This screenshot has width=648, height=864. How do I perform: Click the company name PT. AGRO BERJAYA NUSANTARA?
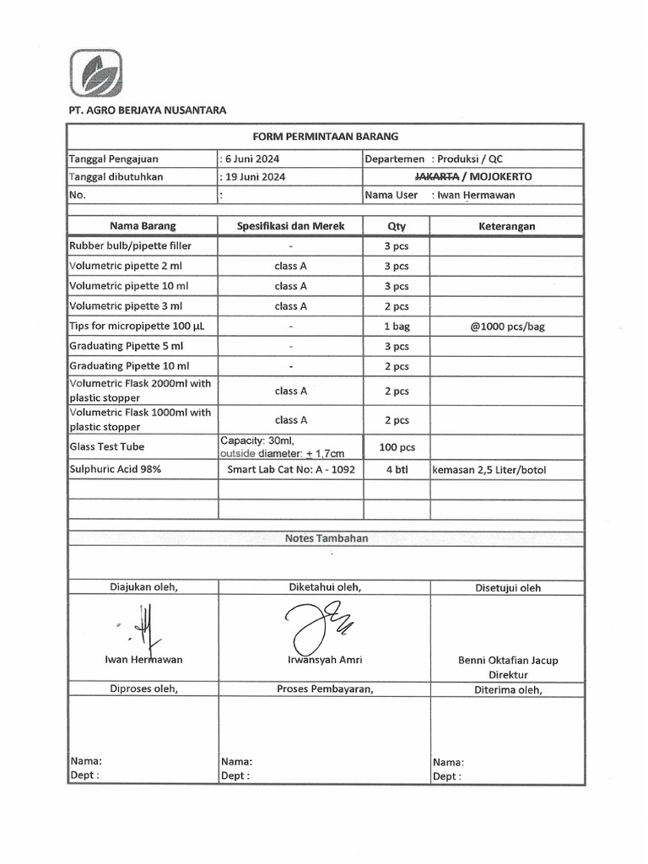147,111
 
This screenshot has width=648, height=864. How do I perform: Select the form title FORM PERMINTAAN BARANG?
325,136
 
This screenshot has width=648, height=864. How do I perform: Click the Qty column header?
397,226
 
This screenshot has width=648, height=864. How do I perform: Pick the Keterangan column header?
506,226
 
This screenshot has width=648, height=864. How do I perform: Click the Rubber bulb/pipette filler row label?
130,246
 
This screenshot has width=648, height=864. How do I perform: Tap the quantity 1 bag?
397,327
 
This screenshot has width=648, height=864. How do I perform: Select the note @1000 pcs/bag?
507,327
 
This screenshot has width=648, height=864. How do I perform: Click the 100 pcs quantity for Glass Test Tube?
397,447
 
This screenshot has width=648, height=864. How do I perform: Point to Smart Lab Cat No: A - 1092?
291,470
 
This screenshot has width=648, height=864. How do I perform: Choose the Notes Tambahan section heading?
326,538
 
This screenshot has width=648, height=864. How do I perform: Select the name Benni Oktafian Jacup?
507,661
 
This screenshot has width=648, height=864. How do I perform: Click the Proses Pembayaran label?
325,689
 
